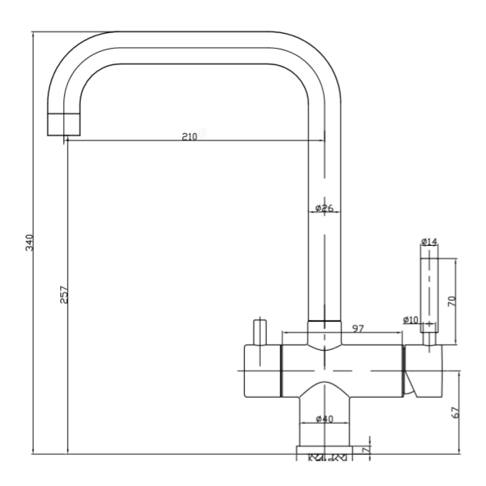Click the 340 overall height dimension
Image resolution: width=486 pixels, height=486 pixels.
[29, 243]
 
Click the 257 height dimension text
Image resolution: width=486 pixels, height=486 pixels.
[64, 295]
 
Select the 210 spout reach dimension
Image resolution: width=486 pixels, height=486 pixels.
[190, 137]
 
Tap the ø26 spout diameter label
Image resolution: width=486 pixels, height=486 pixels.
[324, 208]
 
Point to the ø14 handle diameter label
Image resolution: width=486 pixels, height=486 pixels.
[429, 242]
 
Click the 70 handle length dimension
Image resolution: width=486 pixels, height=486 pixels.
[452, 301]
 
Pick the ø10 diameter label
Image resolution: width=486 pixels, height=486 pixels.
[411, 320]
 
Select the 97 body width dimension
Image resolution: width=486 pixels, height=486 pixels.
[358, 328]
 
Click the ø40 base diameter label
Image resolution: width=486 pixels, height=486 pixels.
[325, 419]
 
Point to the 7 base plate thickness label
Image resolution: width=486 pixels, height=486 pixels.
[366, 450]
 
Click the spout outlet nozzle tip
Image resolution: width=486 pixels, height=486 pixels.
[64, 124]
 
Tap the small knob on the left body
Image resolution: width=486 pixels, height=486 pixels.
[260, 332]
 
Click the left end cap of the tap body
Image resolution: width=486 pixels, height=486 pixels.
[262, 371]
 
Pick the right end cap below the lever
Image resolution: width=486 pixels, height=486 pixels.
[423, 371]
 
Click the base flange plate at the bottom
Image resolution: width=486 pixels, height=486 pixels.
[325, 450]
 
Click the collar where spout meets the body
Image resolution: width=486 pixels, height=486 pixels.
[325, 336]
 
